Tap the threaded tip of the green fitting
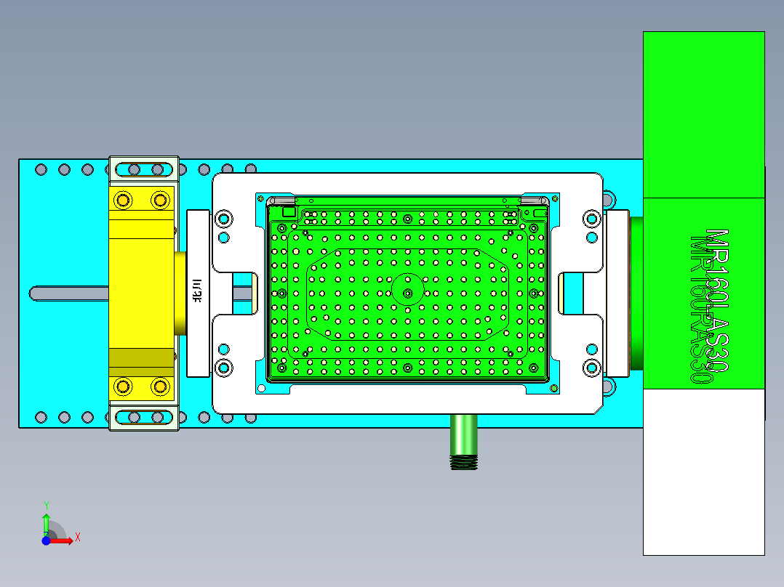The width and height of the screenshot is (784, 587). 463,462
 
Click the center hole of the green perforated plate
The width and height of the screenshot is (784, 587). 407,293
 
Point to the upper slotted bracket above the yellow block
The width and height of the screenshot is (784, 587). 143,170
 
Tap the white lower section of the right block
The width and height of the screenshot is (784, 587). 703,472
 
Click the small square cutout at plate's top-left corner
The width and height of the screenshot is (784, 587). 289,212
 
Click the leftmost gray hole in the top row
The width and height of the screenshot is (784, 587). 41,169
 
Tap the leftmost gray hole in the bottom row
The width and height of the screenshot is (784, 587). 41,417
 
